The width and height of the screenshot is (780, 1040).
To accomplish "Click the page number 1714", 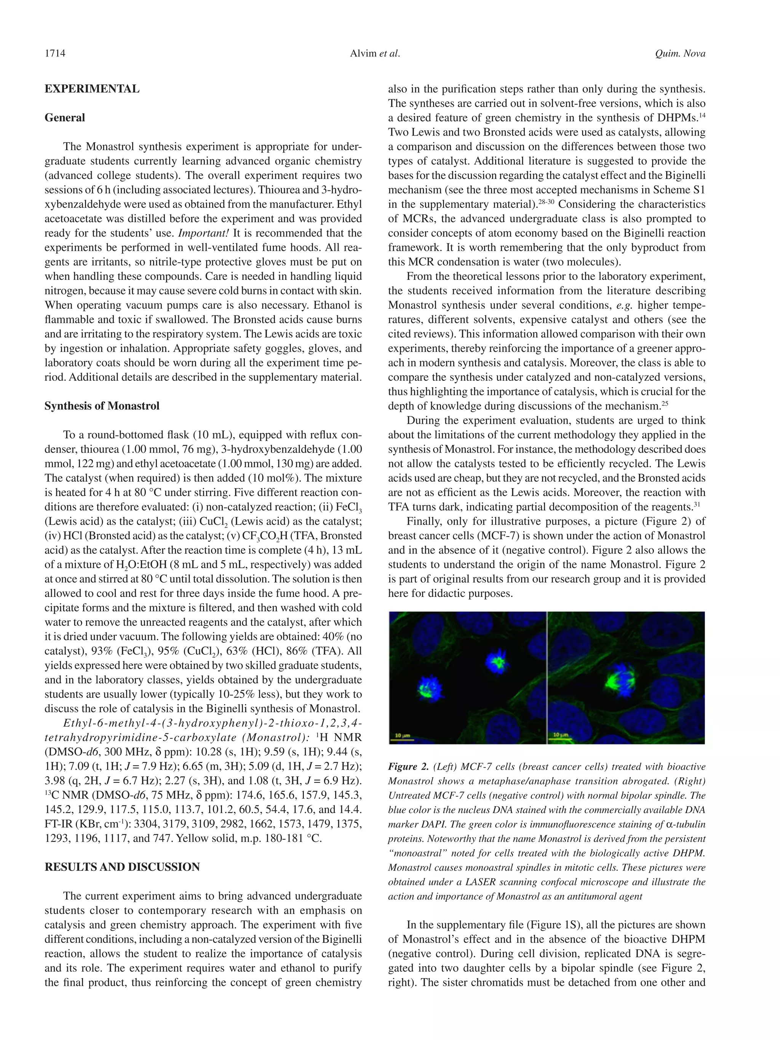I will (55, 54).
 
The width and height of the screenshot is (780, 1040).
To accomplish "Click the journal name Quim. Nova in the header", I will (680, 54).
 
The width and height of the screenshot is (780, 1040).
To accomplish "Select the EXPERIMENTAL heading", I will (92, 89).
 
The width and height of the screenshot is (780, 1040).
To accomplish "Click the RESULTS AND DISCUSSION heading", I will (122, 867).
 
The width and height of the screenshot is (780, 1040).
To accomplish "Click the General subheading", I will (65, 118).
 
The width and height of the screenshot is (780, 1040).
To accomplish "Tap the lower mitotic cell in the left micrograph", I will (425, 689).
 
